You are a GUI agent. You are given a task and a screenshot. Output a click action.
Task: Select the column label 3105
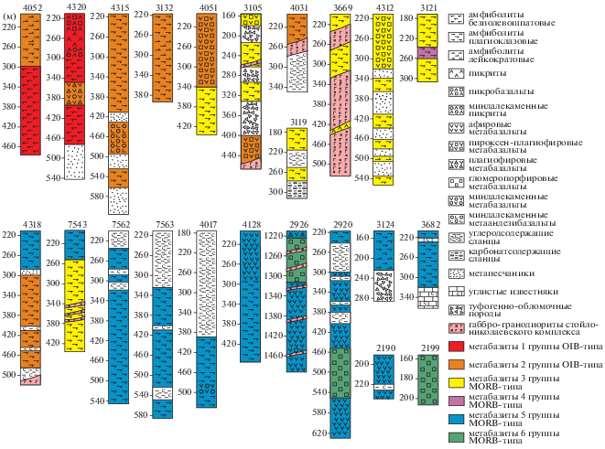point(253,6)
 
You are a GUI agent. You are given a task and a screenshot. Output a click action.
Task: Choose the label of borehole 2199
point(430,348)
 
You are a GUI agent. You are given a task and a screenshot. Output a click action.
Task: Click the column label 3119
point(297,121)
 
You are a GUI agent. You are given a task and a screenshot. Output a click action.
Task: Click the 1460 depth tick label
point(274,353)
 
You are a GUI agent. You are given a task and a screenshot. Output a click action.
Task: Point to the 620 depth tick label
point(318,432)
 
